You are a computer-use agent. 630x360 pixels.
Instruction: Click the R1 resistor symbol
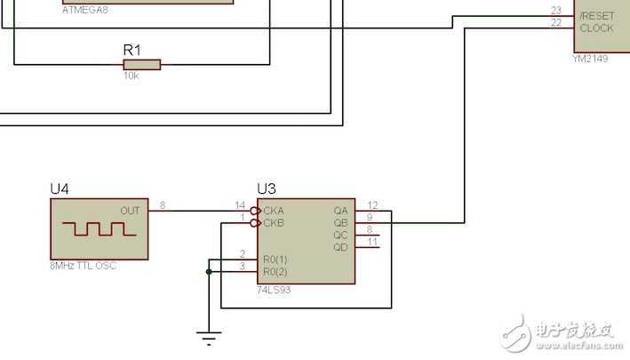[142, 64]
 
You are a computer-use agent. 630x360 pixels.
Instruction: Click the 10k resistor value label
[132, 77]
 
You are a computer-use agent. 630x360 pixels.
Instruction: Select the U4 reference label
[60, 189]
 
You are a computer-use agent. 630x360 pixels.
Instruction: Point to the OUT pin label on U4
[130, 211]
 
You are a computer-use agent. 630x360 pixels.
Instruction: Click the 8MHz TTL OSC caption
[84, 266]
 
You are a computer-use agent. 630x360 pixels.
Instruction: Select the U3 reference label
[266, 188]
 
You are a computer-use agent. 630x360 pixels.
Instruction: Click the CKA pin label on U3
[274, 211]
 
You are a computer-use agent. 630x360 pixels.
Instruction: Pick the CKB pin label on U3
[274, 223]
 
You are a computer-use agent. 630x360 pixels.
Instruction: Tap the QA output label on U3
[340, 211]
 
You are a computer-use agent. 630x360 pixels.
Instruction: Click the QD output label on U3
[340, 247]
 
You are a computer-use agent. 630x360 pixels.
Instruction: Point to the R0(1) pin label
[275, 260]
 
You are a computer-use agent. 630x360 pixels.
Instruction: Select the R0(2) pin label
[275, 271]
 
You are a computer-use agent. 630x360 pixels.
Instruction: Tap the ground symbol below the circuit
[209, 337]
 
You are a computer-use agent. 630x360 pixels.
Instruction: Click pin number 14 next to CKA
[239, 205]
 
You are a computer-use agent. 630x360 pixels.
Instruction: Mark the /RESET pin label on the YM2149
[596, 16]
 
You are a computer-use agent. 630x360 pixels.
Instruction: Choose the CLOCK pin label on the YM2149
[596, 28]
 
